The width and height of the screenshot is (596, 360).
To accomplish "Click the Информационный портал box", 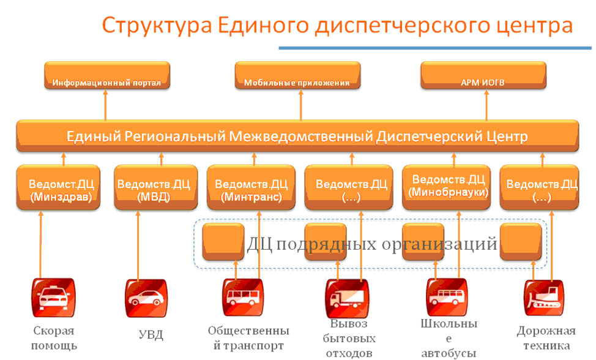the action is (x=107, y=76).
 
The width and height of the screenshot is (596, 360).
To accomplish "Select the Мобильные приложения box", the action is (x=297, y=76).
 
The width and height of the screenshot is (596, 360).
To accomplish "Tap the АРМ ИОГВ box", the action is (x=483, y=76).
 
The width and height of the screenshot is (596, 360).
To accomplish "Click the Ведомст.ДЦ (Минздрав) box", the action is (x=58, y=187).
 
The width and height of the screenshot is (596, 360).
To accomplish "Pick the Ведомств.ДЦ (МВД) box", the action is (x=156, y=187).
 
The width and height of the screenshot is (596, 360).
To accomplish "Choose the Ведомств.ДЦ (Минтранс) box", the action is (x=251, y=187).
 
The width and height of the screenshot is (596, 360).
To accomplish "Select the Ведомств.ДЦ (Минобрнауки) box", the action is (x=446, y=187).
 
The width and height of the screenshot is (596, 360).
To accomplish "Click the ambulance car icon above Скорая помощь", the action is (x=54, y=298).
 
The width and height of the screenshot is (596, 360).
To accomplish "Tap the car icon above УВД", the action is (x=146, y=298).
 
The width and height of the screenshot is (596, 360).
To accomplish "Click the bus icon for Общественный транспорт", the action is (x=243, y=298).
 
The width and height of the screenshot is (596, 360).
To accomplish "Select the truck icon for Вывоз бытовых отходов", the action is (x=347, y=299).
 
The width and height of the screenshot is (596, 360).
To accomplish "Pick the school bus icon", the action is (x=447, y=298).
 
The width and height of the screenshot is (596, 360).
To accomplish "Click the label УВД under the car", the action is (x=151, y=335).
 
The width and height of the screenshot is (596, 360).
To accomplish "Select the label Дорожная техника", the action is (x=546, y=338).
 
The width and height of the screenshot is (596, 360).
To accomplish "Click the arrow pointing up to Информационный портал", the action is (x=105, y=105).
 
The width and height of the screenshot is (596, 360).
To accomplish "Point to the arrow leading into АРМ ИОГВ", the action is (x=486, y=105).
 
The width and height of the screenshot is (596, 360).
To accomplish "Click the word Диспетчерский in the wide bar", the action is (x=430, y=137).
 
